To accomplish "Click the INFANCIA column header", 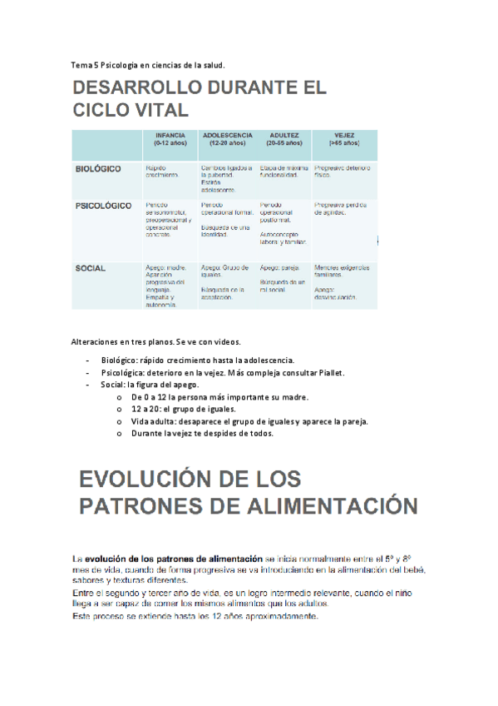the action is point(170,139).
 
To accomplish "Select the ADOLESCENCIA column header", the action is point(227,139).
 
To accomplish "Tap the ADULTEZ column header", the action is point(284,139).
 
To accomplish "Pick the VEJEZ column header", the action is point(344,139).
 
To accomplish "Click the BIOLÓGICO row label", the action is point(98,169).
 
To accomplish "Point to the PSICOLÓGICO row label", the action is point(103,205).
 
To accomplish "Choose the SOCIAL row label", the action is point(90,268).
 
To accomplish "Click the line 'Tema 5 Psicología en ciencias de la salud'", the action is point(148,65).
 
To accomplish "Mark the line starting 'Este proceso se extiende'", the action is point(195,617).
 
